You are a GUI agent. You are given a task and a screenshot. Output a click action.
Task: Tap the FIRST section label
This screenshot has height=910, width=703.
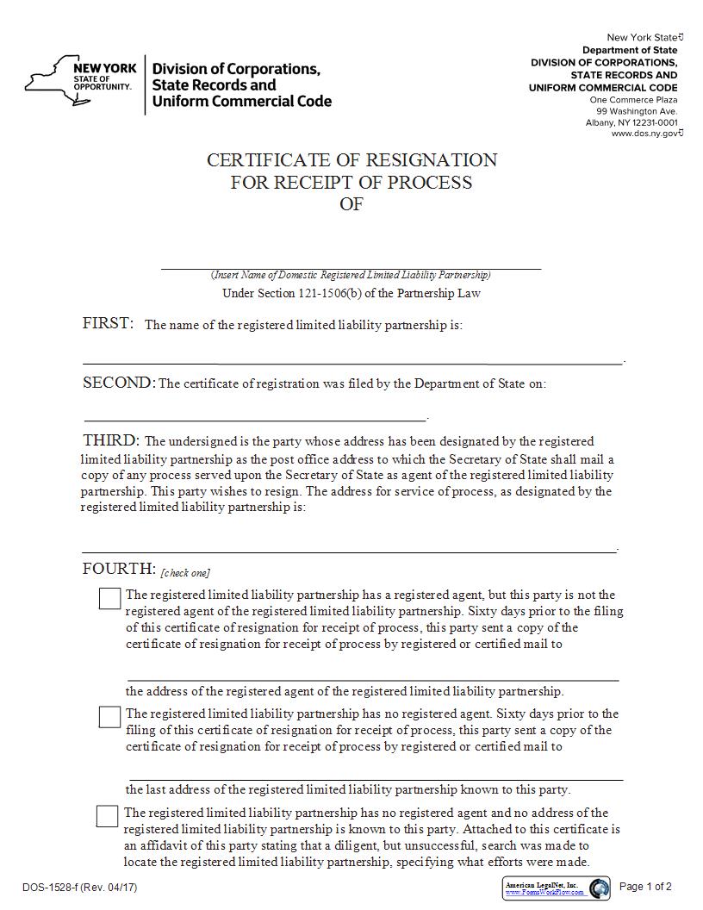tap(108, 323)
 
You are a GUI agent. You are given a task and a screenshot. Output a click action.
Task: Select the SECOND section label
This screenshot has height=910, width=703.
tap(119, 383)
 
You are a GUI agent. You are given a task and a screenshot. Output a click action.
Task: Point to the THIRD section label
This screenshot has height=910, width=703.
tap(110, 440)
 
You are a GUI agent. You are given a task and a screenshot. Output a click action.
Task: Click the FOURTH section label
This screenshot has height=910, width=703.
tap(118, 569)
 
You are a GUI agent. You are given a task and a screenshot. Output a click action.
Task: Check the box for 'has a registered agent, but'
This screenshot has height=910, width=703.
tap(109, 598)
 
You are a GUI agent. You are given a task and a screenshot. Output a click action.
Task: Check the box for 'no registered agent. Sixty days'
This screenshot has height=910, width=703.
tap(109, 717)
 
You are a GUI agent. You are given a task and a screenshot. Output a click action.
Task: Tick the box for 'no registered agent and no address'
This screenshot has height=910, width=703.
tap(107, 816)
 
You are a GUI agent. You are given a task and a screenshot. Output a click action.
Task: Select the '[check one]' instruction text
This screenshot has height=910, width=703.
tap(185, 573)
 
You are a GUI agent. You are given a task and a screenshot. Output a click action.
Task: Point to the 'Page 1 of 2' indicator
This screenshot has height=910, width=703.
tap(645, 887)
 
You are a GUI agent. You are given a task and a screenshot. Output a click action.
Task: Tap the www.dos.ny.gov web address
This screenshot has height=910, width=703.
tap(644, 134)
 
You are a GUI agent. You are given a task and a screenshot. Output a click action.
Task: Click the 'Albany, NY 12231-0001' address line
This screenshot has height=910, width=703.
tap(631, 122)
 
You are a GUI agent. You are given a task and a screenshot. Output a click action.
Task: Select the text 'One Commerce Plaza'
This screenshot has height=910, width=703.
tap(633, 100)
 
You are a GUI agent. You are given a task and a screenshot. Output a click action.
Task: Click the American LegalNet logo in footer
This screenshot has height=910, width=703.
tap(556, 888)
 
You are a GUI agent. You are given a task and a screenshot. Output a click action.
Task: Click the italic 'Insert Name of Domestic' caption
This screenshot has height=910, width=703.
tap(351, 275)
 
